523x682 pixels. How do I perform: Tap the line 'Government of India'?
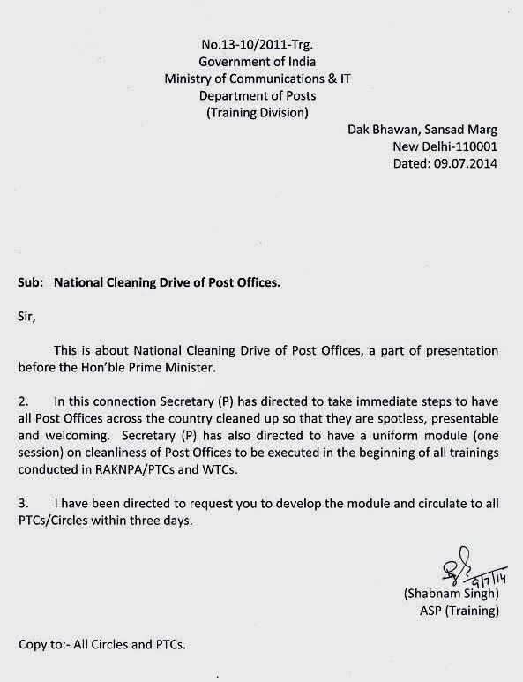click(x=246, y=62)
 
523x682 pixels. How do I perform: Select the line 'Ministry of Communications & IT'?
click(x=246, y=78)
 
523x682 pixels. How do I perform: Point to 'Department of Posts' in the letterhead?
click(x=246, y=94)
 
